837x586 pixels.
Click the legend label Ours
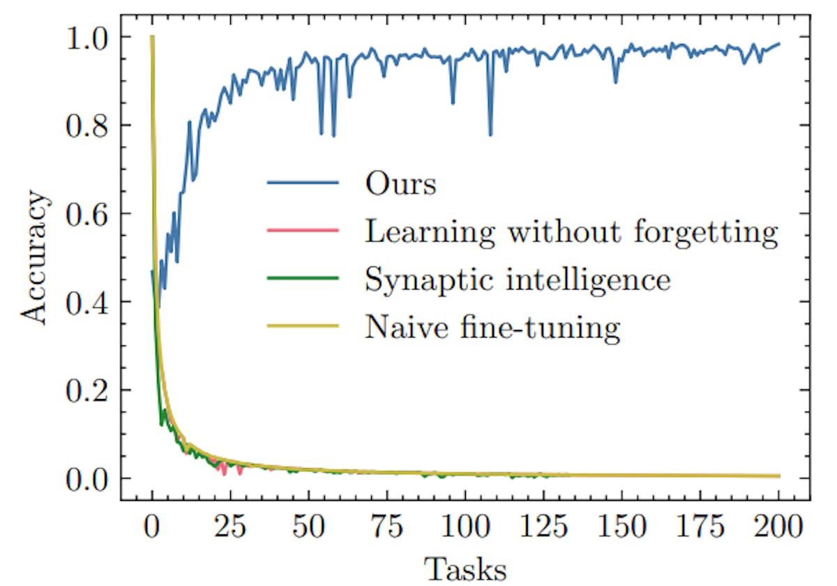coord(400,184)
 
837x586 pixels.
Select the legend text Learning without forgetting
coord(571,232)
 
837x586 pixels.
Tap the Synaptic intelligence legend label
coord(518,279)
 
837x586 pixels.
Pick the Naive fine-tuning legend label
coord(492,326)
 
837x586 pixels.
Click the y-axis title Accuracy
coord(35,258)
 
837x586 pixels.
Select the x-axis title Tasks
coord(465,568)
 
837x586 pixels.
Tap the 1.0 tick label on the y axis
coord(89,37)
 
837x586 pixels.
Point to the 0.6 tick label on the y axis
coord(89,213)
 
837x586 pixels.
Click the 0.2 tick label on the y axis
coord(89,391)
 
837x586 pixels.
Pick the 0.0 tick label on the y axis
coord(89,479)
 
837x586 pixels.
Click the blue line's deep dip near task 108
coord(490,135)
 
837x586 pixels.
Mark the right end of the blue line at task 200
coord(778,43)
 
